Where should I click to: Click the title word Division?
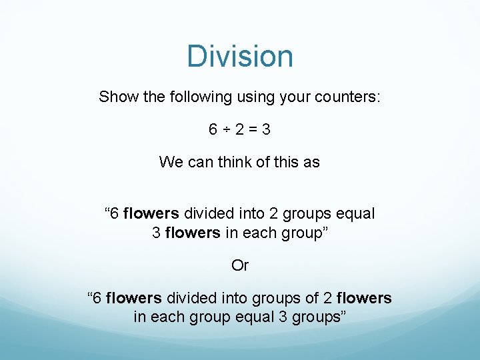[x=240, y=56]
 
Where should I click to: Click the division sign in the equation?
[x=225, y=129]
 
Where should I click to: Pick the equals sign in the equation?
[x=251, y=129]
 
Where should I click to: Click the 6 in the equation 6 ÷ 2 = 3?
[x=213, y=129]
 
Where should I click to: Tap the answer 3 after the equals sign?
[x=266, y=129]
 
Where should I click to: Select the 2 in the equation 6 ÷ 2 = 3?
[x=238, y=129]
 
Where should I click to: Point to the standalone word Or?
[x=240, y=265]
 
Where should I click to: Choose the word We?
[x=169, y=162]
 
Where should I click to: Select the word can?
[x=201, y=162]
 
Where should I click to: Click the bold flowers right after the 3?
[x=193, y=233]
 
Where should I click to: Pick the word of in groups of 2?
[x=309, y=298]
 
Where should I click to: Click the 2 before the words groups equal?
[x=273, y=214]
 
